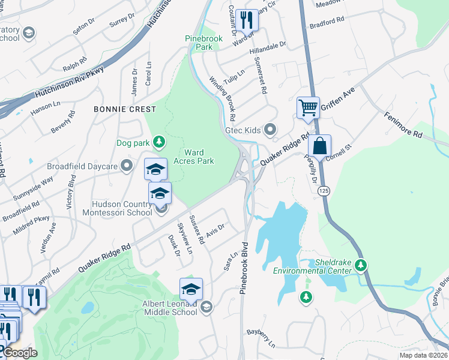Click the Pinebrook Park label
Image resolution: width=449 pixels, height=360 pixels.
[x=203, y=43]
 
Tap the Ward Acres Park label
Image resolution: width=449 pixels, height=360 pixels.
[x=193, y=157]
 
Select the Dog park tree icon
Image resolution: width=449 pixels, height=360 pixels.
[x=159, y=142]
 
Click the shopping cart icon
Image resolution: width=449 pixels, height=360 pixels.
[x=308, y=108]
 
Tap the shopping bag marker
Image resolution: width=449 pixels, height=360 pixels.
[x=320, y=145]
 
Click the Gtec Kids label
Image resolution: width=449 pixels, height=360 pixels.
[x=243, y=130]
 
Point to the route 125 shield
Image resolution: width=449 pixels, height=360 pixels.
[x=324, y=190]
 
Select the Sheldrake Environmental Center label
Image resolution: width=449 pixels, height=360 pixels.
[x=312, y=267]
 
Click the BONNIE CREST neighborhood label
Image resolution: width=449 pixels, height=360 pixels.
[x=125, y=109]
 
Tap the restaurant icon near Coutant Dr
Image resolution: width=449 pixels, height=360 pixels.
[x=247, y=20]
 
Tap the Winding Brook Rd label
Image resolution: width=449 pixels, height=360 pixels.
[x=221, y=98]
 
